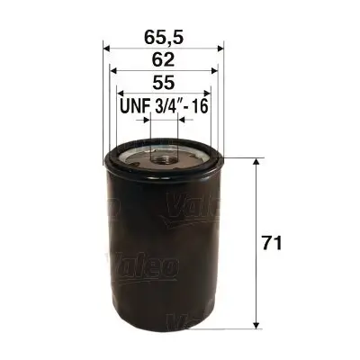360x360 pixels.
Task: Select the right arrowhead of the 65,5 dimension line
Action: (x=221, y=48)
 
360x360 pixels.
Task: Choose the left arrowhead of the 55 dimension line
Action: (x=118, y=93)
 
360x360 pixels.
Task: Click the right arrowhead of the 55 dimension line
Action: (x=209, y=93)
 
